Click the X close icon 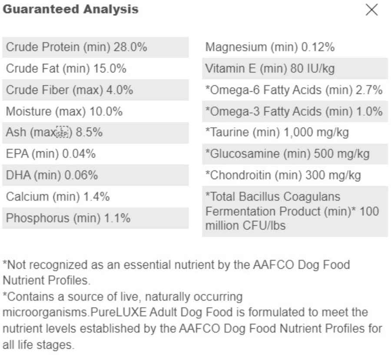(x=371, y=10)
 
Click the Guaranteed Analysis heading (x=70, y=10)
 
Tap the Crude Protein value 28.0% (x=130, y=47)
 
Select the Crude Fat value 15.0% (x=110, y=69)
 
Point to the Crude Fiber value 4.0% (x=120, y=90)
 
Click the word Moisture (x=29, y=111)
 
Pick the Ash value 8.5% (x=89, y=132)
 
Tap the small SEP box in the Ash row (x=62, y=132)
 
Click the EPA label (x=17, y=153)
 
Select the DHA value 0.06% (x=81, y=175)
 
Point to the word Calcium (x=27, y=197)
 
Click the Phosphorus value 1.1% (x=117, y=218)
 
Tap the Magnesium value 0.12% (x=318, y=47)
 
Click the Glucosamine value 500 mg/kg (x=341, y=153)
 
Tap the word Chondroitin (x=240, y=175)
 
